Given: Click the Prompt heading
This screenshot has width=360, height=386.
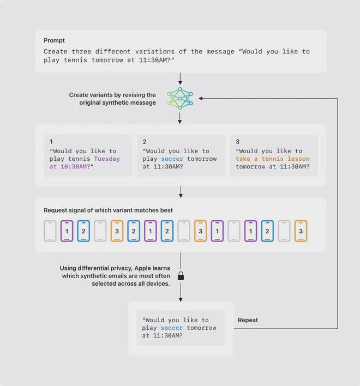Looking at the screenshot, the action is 54,40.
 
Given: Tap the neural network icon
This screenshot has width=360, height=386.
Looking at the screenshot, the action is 180,99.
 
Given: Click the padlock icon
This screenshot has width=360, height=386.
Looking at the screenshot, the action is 181,276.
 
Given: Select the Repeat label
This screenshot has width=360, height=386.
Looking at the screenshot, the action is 248,320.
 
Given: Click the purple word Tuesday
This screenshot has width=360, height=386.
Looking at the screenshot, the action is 107,159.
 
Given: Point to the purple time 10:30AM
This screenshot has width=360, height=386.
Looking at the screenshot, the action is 74,167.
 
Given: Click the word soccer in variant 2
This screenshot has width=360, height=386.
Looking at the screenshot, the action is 172,159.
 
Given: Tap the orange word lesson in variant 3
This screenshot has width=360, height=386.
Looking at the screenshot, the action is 298,159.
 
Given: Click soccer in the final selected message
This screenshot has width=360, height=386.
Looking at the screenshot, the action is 172,328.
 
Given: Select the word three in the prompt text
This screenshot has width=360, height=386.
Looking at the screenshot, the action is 81,51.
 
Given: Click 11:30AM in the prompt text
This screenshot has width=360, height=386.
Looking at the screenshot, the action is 153,60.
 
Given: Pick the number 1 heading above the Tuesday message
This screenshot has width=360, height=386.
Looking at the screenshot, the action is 51,142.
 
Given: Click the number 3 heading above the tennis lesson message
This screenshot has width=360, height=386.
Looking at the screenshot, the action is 237,142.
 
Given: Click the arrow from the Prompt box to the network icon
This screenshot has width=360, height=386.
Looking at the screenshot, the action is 180,79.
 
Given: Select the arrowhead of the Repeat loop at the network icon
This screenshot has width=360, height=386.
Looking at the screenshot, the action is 200,99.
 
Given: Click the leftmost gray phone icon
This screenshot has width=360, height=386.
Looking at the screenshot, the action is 50,231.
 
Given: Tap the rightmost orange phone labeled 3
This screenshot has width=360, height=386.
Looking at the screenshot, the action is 301,231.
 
